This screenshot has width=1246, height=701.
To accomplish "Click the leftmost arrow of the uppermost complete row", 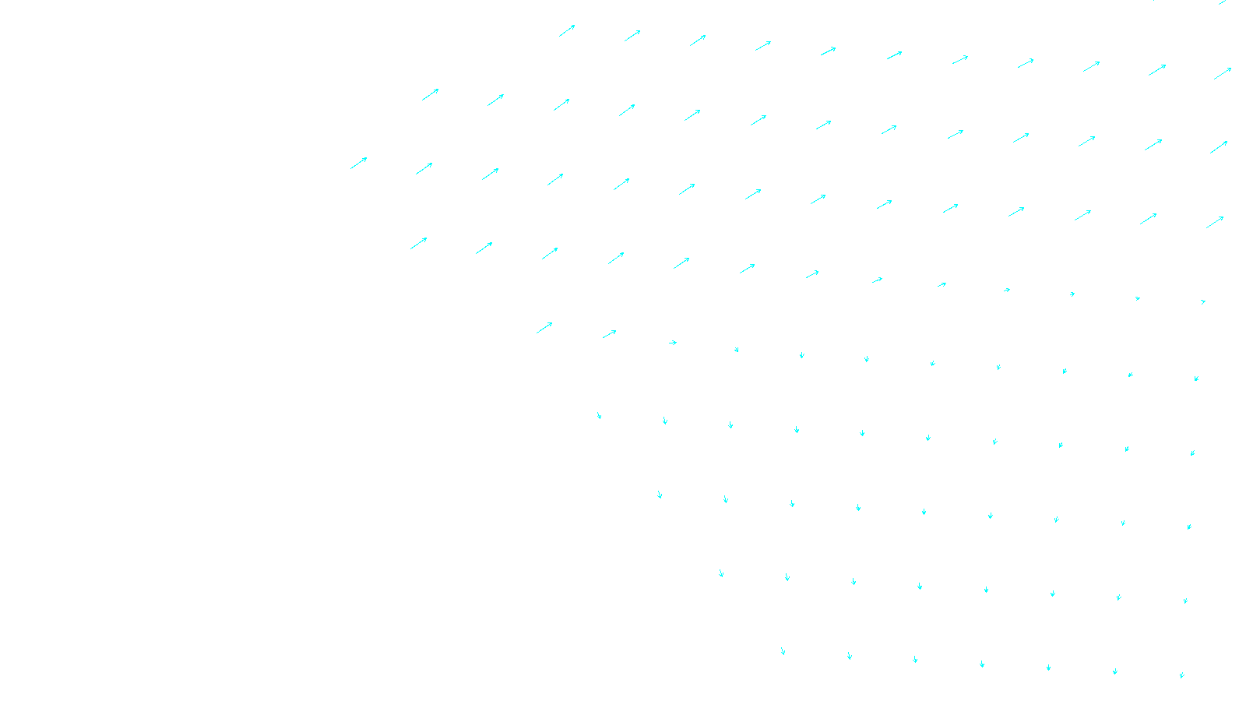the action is click(x=567, y=31).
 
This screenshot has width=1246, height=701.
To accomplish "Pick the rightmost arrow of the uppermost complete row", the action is click(x=1223, y=74).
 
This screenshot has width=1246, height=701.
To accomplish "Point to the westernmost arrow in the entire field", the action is click(x=358, y=163).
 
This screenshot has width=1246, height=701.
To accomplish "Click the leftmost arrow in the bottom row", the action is click(x=783, y=651).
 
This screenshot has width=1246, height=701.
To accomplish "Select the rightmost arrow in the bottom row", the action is click(x=1181, y=675).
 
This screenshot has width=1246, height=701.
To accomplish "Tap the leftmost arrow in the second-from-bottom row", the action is click(x=721, y=573).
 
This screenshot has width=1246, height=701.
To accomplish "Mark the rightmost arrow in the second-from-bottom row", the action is click(x=1185, y=601).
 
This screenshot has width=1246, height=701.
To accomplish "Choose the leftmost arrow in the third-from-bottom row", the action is click(x=660, y=495).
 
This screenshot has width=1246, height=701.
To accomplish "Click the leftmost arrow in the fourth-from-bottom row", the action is click(x=599, y=416).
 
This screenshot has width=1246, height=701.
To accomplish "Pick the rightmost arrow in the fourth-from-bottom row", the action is click(x=1192, y=453).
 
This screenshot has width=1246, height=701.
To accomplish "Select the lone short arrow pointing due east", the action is click(x=673, y=343).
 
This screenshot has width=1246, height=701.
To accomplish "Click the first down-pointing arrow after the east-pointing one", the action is click(x=737, y=350).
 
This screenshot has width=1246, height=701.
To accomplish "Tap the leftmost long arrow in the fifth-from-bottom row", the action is click(x=544, y=328).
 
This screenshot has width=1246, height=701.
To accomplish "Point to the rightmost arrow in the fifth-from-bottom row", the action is click(x=1196, y=379).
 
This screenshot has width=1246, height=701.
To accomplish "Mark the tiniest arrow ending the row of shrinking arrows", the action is click(x=1203, y=301).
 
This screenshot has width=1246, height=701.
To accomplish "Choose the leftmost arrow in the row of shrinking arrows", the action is click(x=419, y=243).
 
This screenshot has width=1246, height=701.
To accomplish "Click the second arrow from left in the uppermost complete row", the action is click(x=632, y=36).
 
